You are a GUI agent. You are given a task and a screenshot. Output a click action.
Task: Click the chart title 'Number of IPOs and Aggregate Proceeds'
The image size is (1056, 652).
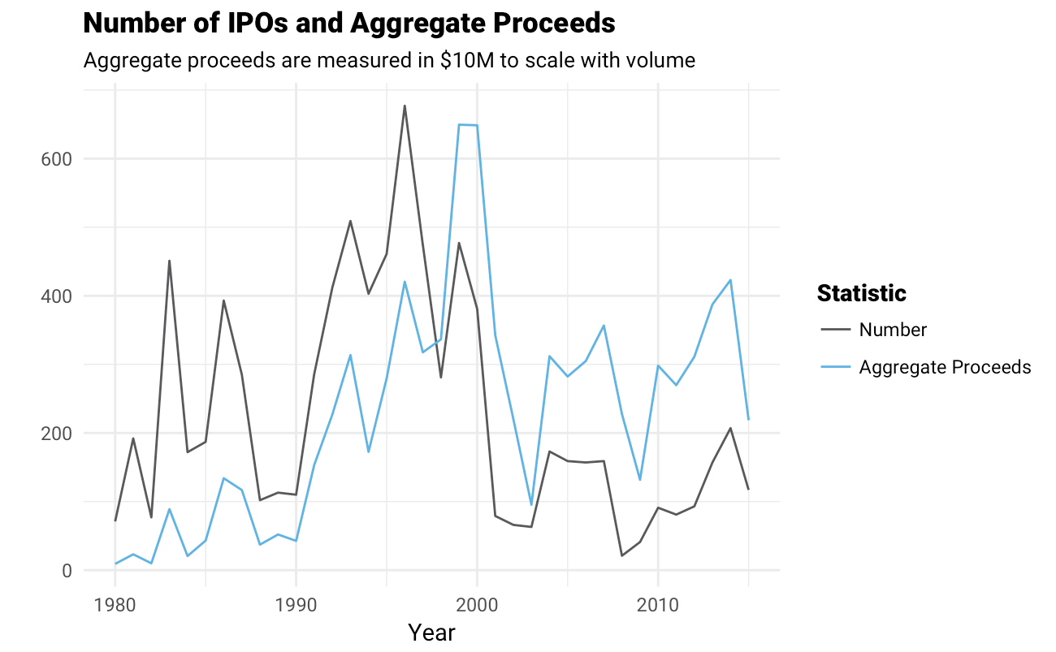pyautogui.click(x=349, y=24)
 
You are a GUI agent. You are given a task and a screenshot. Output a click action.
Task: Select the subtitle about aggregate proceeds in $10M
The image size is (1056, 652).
pyautogui.click(x=389, y=60)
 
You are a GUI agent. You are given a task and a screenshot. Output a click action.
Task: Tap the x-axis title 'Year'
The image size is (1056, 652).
pyautogui.click(x=431, y=633)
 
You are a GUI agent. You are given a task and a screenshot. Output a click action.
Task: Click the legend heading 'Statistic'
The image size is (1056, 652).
pyautogui.click(x=861, y=293)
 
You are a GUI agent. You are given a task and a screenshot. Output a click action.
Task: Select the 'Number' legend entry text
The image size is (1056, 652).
pyautogui.click(x=893, y=330)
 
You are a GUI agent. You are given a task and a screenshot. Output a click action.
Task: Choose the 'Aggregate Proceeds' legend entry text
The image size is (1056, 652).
pyautogui.click(x=945, y=367)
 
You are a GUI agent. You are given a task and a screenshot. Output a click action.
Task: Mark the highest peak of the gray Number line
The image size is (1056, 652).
pyautogui.click(x=405, y=106)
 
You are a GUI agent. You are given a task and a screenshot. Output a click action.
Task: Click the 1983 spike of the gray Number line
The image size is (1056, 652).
pyautogui.click(x=169, y=261)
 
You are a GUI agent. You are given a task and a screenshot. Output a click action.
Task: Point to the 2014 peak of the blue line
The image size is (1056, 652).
pyautogui.click(x=730, y=280)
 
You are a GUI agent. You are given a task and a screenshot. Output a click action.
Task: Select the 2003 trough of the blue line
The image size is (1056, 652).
pyautogui.click(x=531, y=505)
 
